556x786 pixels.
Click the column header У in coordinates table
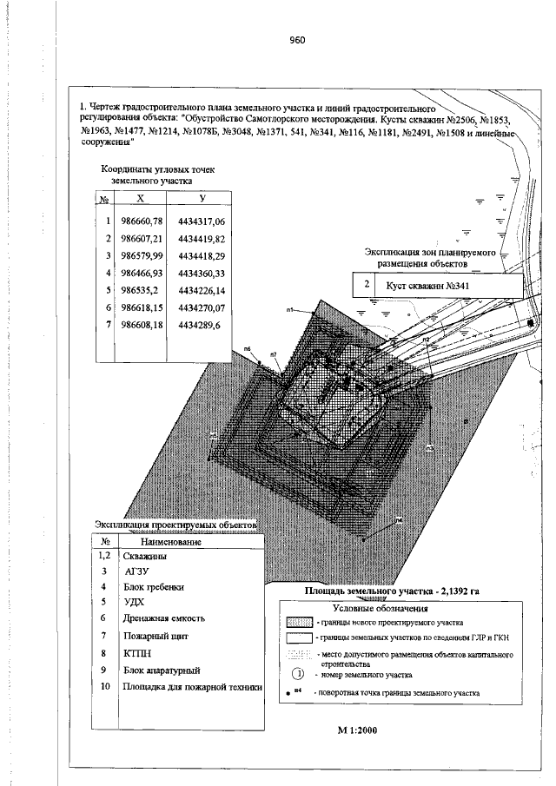[202, 199]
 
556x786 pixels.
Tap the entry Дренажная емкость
[164, 618]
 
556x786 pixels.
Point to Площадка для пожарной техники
[192, 687]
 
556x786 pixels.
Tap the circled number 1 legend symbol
[297, 673]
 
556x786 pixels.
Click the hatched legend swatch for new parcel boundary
[298, 623]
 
